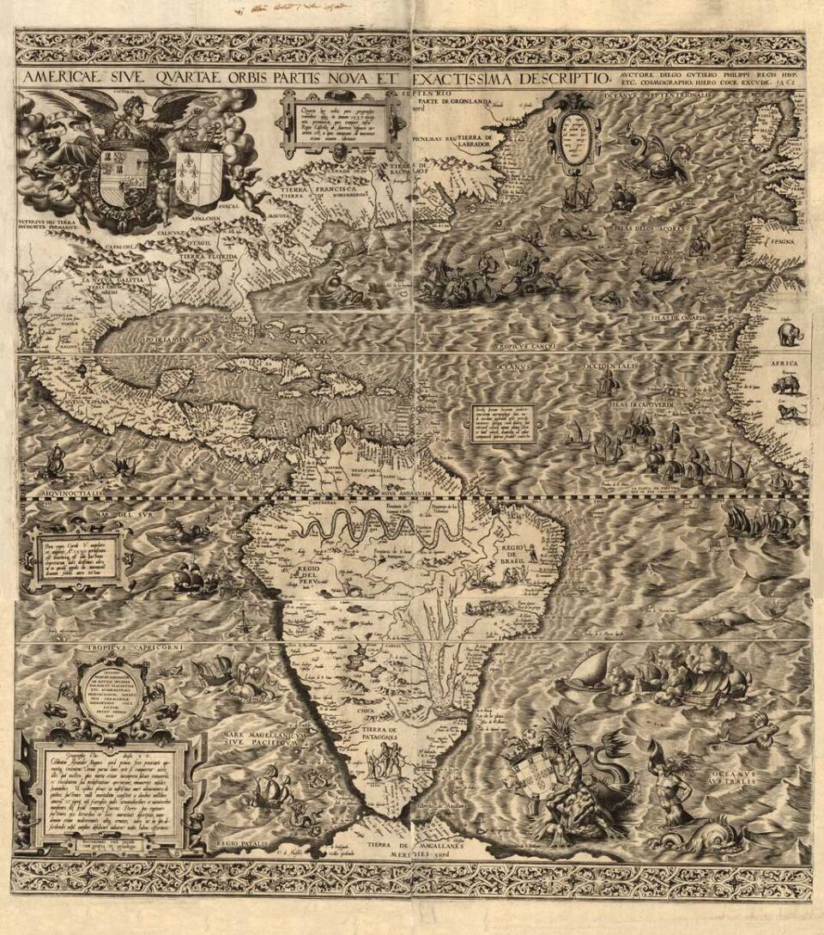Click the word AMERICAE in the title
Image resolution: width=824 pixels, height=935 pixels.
tap(58, 78)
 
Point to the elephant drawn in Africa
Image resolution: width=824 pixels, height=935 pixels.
tap(788, 331)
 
